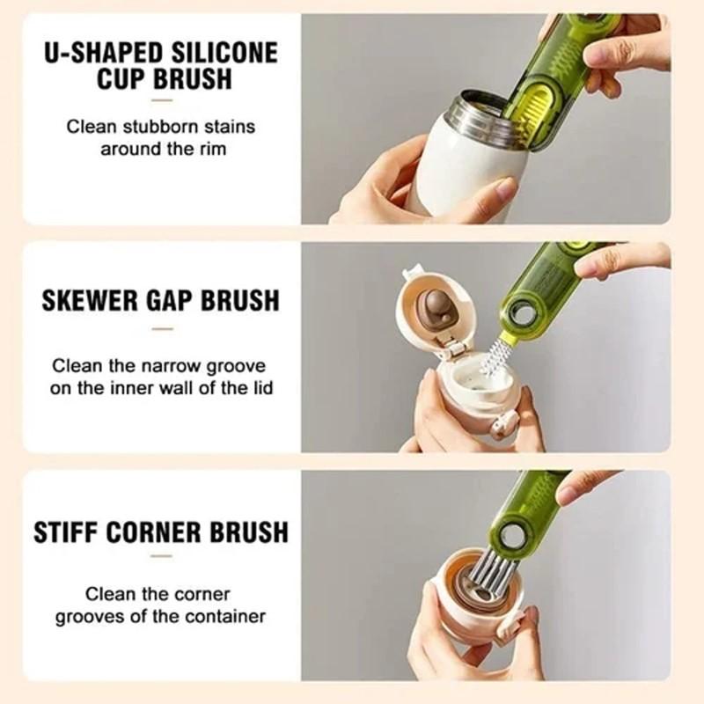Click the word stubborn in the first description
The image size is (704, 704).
tap(164, 127)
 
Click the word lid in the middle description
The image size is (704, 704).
tap(260, 387)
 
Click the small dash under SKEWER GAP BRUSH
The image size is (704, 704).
tap(162, 329)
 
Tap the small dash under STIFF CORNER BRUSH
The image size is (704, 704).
tap(162, 556)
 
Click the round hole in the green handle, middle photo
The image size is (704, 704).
tap(524, 312)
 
